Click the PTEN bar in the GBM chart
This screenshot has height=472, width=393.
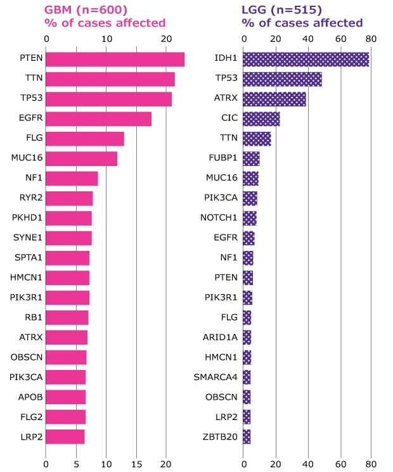[115, 60]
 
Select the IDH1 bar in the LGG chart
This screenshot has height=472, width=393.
[306, 60]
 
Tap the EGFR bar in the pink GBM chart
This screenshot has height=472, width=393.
[98, 118]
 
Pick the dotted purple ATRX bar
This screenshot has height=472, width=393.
[274, 99]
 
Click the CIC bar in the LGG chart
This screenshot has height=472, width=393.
[261, 118]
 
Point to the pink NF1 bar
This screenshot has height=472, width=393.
[72, 178]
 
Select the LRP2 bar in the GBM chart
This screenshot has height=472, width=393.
[65, 437]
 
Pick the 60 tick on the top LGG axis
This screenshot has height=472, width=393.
[340, 39]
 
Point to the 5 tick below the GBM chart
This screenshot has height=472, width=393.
[76, 463]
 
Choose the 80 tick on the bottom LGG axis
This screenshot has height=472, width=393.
[371, 463]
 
